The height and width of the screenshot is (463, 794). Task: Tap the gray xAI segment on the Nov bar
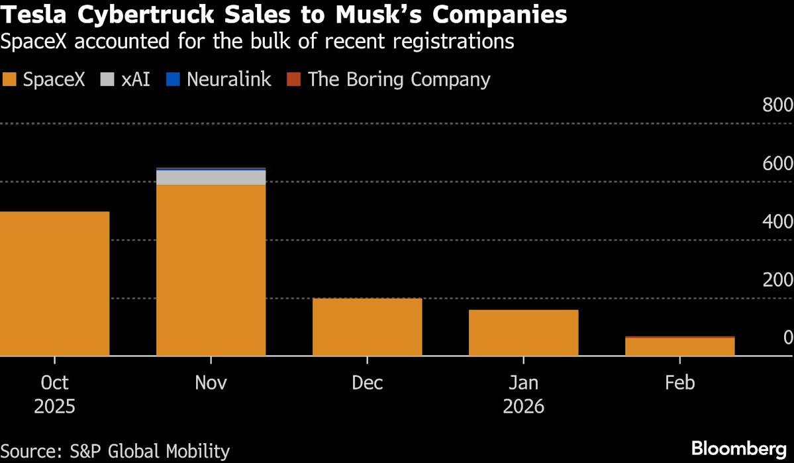click(211, 178)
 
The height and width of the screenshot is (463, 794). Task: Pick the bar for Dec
click(367, 327)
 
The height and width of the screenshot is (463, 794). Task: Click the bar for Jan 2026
click(523, 333)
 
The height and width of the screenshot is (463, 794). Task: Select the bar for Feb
click(679, 346)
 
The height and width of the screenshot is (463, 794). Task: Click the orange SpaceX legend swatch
click(9, 80)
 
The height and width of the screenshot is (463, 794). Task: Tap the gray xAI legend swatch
click(107, 80)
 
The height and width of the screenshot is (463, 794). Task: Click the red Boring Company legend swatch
click(294, 80)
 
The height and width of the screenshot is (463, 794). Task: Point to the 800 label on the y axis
click(777, 105)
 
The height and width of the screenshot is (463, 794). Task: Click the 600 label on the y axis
click(777, 164)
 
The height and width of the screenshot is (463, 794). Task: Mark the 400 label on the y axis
click(777, 222)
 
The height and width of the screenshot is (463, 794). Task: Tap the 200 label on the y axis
click(777, 280)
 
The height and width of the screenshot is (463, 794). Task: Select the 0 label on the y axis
click(787, 338)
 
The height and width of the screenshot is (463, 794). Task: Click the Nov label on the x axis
click(211, 383)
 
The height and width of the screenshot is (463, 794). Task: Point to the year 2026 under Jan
click(523, 406)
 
